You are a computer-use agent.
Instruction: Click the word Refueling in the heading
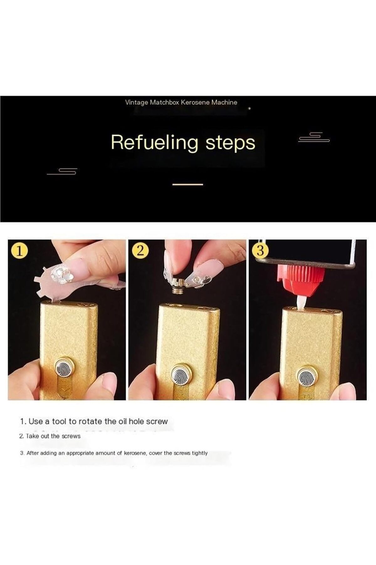[154, 143]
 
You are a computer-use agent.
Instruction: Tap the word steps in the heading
[230, 143]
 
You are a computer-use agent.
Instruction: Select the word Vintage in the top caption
[136, 103]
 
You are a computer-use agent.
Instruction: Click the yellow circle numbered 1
[19, 251]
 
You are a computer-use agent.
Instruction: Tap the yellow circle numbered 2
[140, 251]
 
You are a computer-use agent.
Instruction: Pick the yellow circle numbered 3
[261, 251]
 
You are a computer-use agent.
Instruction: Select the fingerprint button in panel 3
[307, 375]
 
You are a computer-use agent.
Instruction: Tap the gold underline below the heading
[188, 184]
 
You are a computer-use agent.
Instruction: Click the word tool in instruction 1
[60, 421]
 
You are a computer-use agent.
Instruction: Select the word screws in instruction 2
[71, 436]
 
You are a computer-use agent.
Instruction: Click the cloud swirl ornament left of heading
[62, 171]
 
